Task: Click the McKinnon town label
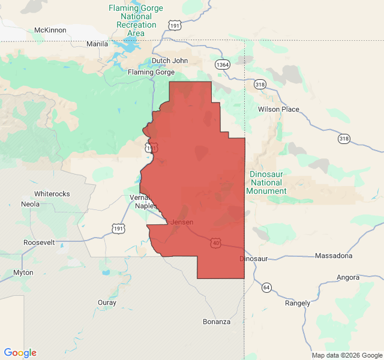[x=50, y=30]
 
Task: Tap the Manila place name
[x=97, y=44]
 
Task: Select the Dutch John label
[x=169, y=61]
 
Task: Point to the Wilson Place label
[x=278, y=109]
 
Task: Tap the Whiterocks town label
[x=52, y=194]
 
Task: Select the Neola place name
[x=30, y=204]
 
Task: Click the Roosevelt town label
[x=39, y=242]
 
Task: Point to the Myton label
[x=23, y=272]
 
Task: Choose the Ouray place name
[x=107, y=302]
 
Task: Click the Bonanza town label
[x=217, y=322]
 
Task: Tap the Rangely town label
[x=298, y=303]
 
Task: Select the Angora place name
[x=348, y=277]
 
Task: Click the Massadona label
[x=334, y=256]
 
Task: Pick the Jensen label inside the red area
[x=182, y=222]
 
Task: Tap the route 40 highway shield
[x=215, y=242]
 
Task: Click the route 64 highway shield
[x=266, y=288]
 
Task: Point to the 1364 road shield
[x=223, y=65]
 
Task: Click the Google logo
[x=20, y=353]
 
